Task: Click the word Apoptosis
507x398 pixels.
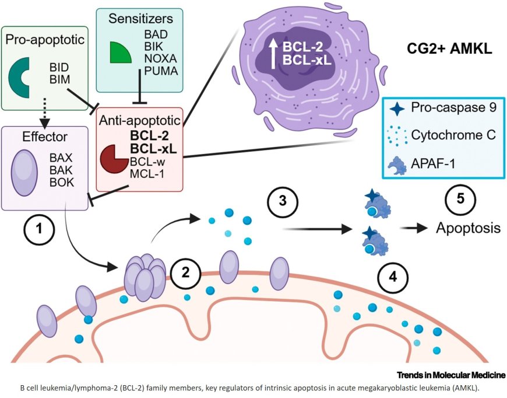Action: [468, 228]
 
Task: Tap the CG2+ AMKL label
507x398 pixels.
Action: [449, 51]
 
